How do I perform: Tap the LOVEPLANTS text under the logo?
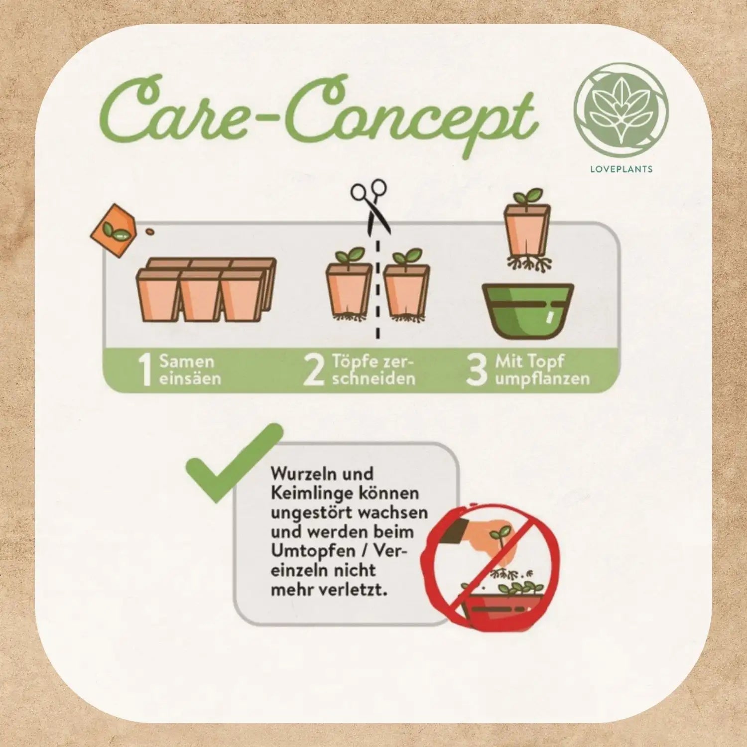621,169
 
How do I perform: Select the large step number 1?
145,370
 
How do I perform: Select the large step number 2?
314,370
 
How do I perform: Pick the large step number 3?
476,370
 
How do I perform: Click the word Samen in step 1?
187,361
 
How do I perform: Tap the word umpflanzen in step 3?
542,379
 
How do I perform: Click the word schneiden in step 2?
373,378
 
